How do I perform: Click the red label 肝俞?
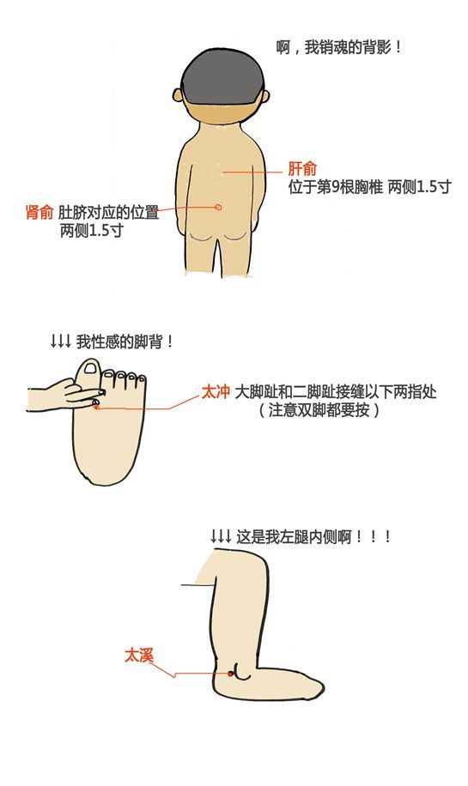click(302, 168)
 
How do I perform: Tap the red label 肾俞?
click(40, 212)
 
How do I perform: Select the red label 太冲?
click(216, 391)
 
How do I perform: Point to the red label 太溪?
click(139, 656)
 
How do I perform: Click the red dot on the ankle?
click(230, 674)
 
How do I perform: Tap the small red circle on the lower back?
click(218, 207)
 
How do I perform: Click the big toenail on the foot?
click(91, 369)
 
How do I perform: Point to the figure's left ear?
click(176, 96)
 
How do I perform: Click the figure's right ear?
click(266, 96)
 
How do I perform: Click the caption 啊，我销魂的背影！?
click(339, 48)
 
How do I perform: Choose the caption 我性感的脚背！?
click(125, 342)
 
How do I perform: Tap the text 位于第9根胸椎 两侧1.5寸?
click(370, 187)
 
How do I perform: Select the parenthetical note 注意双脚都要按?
click(319, 410)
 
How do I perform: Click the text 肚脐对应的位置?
click(109, 212)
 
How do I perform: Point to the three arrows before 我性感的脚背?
click(61, 342)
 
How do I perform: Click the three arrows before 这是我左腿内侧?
click(221, 537)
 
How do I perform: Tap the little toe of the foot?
click(143, 383)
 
